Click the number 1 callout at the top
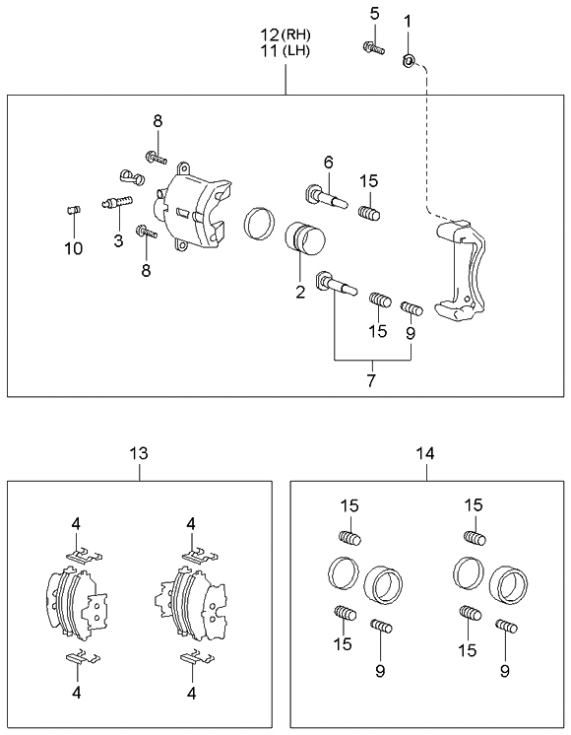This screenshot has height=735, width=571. pyautogui.click(x=409, y=19)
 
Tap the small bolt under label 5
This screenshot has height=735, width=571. pyautogui.click(x=373, y=46)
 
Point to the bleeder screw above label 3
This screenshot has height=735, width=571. pyautogui.click(x=115, y=202)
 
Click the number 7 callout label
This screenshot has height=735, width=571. pyautogui.click(x=371, y=379)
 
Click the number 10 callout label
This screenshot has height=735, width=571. pyautogui.click(x=74, y=248)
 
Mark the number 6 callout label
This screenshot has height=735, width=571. pyautogui.click(x=329, y=163)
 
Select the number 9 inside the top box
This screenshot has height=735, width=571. pyautogui.click(x=411, y=333)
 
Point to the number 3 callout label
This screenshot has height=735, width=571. pyautogui.click(x=117, y=240)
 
